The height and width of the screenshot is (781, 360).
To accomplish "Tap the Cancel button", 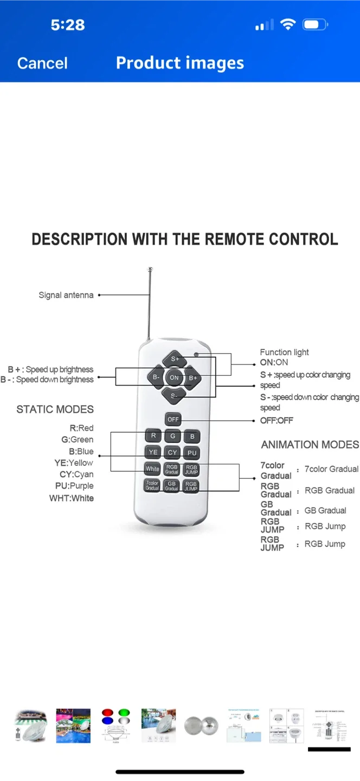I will click(x=42, y=63).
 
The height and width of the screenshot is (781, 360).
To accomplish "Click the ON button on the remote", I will click(x=174, y=377).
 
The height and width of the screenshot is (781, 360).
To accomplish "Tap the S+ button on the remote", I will click(x=175, y=359).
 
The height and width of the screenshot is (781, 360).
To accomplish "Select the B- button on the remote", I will click(x=156, y=377).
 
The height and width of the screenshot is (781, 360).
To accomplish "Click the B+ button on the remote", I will click(x=193, y=377).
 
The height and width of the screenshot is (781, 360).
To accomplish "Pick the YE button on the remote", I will click(x=153, y=452).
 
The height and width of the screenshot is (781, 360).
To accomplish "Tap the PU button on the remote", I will click(x=191, y=452).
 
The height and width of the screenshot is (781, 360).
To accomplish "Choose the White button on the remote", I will click(x=152, y=469).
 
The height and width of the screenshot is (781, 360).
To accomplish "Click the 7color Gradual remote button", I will click(x=152, y=485).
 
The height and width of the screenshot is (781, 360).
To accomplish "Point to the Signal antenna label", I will click(x=66, y=295).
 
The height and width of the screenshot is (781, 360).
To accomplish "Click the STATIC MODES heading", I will click(x=55, y=409).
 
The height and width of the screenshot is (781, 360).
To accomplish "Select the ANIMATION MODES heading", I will click(x=310, y=445).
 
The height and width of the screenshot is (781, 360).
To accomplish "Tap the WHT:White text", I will click(x=72, y=498).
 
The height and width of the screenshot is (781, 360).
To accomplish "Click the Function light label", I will click(x=284, y=352).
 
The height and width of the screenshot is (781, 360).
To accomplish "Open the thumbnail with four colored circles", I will click(x=115, y=725).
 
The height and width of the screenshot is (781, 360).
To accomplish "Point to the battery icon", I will click(x=314, y=24).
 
